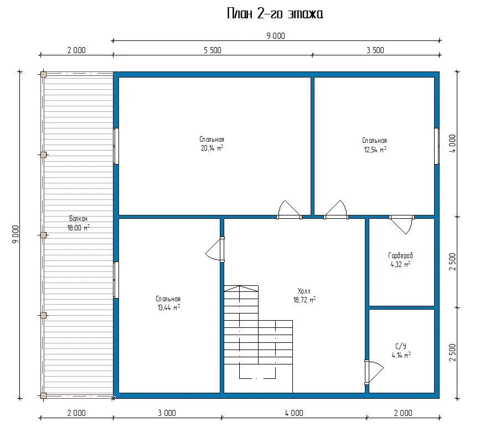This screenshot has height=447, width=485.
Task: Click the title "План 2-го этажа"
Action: pos(275,14)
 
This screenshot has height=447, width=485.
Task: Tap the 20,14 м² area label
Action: pos(212,148)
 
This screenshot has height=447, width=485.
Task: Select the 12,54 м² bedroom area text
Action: pos(375,150)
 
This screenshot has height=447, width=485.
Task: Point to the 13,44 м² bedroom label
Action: pos(168,307)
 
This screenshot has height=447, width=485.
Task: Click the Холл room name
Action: pos(304,291)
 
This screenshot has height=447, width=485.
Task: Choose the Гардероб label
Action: pos(400,256)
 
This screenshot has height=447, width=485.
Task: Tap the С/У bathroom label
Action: pos(401,346)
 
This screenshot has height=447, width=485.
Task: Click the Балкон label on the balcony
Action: pos(78,219)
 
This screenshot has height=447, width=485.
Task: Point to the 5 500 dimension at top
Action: pos(213,50)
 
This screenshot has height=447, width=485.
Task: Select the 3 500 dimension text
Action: pos(375,50)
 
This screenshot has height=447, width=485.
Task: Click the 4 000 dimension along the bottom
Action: pos(294,413)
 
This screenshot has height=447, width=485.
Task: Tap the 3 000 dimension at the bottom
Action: pos(167,413)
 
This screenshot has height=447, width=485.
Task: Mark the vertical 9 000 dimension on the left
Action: pos(16,234)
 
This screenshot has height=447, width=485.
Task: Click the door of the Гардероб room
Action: pos(401,224)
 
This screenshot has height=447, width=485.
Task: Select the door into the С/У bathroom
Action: pos(374,372)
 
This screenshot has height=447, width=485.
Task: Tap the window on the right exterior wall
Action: pos(437,146)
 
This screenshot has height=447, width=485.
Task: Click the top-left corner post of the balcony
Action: pos(44,75)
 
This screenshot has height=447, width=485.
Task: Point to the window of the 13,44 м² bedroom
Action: pos(116,280)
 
